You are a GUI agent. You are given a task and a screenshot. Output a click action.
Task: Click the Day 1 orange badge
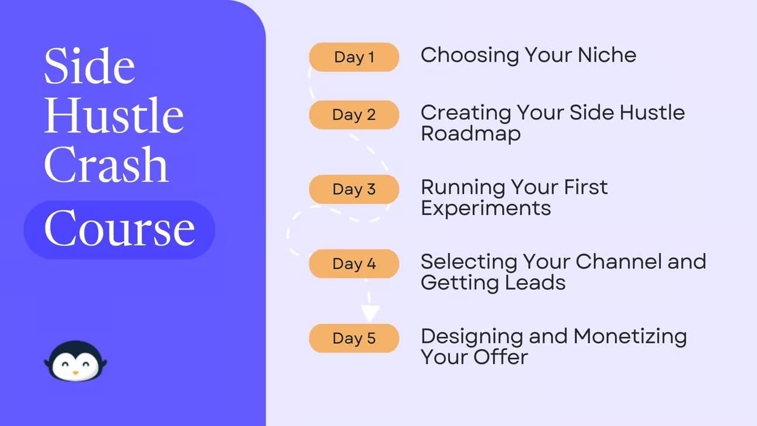tap(354, 57)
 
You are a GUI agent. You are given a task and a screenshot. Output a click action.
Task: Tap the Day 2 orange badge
tap(354, 115)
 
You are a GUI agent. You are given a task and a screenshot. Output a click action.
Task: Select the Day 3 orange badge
tap(354, 189)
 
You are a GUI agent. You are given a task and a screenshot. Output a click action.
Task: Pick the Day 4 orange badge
tap(354, 264)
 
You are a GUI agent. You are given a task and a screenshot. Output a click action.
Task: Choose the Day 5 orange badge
tap(354, 338)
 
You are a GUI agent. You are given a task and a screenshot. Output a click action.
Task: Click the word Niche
tap(607, 54)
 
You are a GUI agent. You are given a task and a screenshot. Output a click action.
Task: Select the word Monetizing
tap(630, 338)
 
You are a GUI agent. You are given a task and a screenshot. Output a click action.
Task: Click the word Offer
tap(500, 357)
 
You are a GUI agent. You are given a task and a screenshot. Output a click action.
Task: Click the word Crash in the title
tap(106, 165)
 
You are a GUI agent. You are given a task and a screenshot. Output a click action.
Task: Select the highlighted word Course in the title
tap(120, 229)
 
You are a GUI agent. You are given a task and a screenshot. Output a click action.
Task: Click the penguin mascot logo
tap(76, 361)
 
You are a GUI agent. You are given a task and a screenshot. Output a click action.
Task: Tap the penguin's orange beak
tap(76, 373)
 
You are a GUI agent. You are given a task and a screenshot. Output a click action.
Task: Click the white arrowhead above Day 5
tap(370, 313)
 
